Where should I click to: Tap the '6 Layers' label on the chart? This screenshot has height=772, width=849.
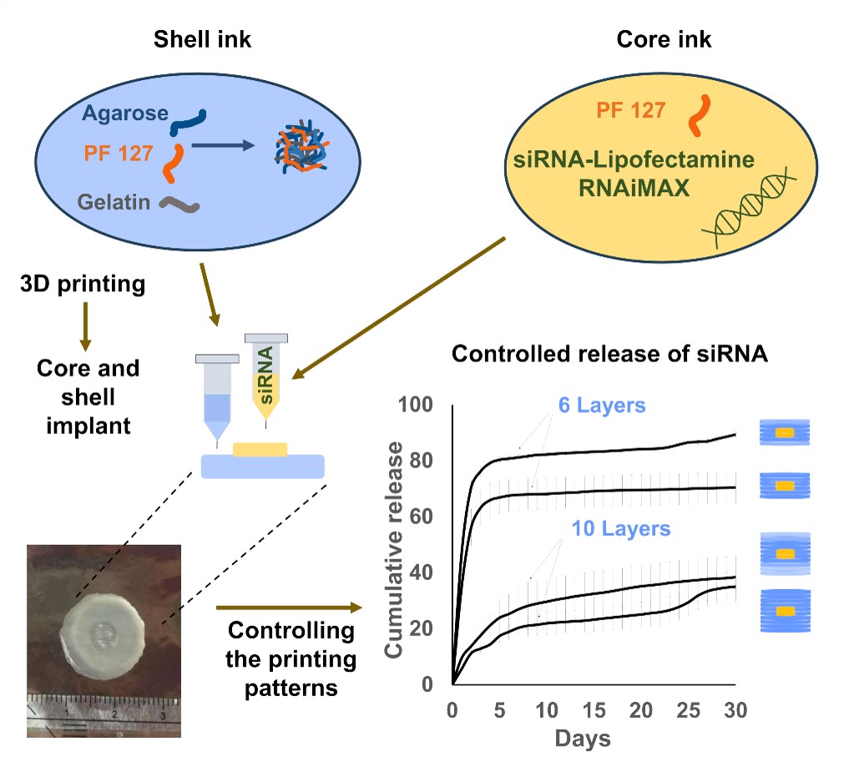[602, 406]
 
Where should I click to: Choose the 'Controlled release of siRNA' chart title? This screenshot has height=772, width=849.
[610, 353]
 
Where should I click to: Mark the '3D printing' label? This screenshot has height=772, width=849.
[82, 285]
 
